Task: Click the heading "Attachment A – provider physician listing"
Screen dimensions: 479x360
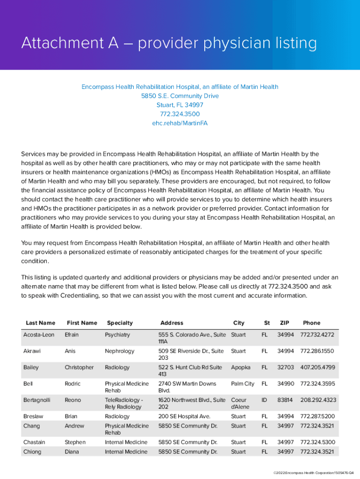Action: pos(169,44)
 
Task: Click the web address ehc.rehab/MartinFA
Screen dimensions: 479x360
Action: pos(180,123)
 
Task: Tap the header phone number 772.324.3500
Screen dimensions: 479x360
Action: pos(180,114)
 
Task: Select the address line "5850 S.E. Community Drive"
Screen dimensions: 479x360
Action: pos(180,96)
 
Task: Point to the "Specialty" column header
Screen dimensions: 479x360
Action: pos(120,323)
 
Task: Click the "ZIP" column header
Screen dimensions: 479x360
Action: pos(284,323)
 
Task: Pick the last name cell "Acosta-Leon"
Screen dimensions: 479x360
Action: pos(39,335)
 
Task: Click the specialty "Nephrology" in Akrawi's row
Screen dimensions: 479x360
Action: pos(119,351)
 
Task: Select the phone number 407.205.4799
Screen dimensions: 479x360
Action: pos(318,367)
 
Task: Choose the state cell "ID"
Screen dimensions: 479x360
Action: pos(264,400)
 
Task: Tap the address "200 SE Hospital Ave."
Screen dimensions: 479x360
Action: pos(184,416)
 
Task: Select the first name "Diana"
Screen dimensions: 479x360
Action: pos(72,452)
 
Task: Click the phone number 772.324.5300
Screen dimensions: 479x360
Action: pos(318,442)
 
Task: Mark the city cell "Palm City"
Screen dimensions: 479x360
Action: pos(243,384)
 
